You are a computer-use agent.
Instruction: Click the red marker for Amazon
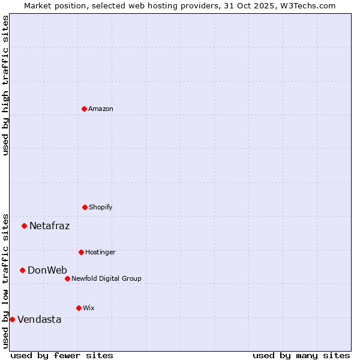(84, 109)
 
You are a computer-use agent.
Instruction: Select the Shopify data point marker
(85, 207)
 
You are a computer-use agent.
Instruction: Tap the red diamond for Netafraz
(25, 226)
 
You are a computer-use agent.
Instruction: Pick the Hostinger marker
(81, 252)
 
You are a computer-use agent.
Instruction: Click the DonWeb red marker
(23, 270)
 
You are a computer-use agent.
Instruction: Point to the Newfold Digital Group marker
(67, 278)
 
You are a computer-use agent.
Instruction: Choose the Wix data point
(79, 308)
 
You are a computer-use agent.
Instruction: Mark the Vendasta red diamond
(12, 319)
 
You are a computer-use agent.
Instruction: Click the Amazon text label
(101, 109)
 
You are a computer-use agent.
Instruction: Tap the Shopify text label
(101, 207)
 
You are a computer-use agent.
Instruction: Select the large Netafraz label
(49, 226)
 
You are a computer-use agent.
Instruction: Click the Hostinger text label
(100, 252)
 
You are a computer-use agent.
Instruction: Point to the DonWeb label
(47, 270)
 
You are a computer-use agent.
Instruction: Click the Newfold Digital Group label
(106, 278)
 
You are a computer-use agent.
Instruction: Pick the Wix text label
(89, 308)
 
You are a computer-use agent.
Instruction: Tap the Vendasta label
(39, 319)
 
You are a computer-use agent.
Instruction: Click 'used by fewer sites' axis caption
(62, 355)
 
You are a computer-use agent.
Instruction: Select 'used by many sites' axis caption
(301, 355)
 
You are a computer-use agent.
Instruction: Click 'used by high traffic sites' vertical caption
(5, 85)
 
